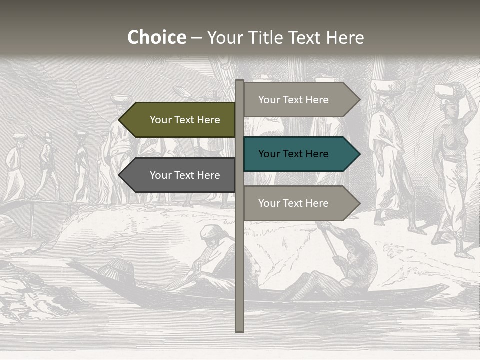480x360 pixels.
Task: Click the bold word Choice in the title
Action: click(x=156, y=38)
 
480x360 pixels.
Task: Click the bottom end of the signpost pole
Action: click(x=240, y=330)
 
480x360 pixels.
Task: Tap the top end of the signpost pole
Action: click(x=240, y=81)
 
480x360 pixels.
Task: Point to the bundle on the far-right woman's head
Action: click(x=447, y=91)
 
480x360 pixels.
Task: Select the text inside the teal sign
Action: click(x=293, y=154)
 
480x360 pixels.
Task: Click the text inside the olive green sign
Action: click(x=185, y=120)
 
